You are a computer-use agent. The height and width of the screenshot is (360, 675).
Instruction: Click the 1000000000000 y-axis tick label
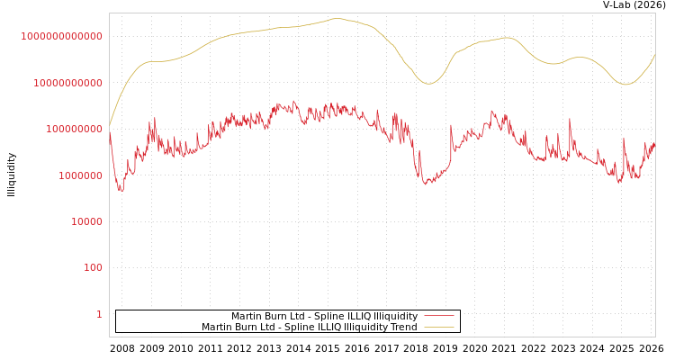61,36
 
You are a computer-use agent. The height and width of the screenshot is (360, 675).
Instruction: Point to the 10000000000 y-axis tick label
67,83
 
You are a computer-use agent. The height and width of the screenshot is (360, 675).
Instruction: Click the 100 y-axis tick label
92,268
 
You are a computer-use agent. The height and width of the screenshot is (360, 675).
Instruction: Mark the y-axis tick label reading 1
99,314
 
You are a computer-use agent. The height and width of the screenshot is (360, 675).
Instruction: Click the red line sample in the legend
438,316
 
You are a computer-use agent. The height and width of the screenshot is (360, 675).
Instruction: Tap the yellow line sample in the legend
438,328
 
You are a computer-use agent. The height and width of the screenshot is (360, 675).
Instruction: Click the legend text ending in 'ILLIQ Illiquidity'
324,316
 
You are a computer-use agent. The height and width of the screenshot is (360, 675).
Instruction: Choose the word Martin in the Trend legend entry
218,328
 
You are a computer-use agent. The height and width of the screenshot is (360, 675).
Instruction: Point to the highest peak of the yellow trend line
337,18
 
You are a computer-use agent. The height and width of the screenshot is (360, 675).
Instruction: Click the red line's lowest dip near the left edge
121,190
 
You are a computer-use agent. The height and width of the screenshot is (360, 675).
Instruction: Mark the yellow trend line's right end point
655,55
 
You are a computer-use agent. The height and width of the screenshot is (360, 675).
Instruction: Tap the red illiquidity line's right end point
655,142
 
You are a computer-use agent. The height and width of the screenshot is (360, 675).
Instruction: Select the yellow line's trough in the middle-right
429,84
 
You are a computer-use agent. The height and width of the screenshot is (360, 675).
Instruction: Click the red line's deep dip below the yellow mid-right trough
427,184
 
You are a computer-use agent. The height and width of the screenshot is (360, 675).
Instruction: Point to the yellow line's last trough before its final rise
626,85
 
